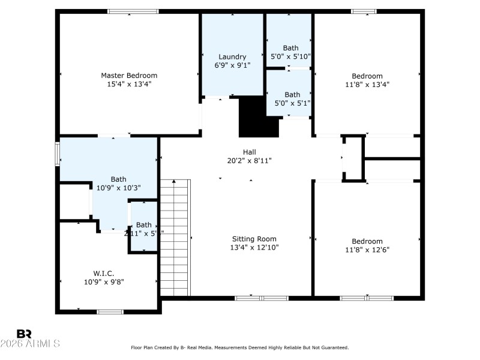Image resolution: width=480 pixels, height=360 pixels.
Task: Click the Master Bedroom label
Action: click(x=129, y=76)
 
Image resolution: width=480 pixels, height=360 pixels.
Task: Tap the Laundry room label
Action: click(x=232, y=57)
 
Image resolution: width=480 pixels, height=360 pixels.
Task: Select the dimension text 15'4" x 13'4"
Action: click(x=129, y=85)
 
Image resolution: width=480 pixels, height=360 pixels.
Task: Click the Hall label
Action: click(x=250, y=152)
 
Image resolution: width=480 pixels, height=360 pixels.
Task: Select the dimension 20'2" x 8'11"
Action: click(x=250, y=161)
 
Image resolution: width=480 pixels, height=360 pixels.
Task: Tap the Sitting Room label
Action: click(x=254, y=239)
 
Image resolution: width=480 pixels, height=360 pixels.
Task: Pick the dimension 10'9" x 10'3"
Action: click(x=118, y=188)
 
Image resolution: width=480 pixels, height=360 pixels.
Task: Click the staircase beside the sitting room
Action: click(x=175, y=237)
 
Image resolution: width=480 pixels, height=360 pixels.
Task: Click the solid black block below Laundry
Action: click(x=259, y=117)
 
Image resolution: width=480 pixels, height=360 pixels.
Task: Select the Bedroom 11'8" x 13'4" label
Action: click(x=367, y=76)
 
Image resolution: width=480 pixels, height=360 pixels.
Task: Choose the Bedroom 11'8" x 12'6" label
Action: click(x=367, y=241)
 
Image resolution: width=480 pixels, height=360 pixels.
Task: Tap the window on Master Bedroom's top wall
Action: click(x=133, y=11)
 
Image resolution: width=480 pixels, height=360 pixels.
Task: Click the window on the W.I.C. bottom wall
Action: click(x=110, y=311)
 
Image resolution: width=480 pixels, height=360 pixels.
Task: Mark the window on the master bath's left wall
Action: click(x=58, y=152)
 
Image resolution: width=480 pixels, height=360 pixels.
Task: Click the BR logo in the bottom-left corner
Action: click(x=24, y=334)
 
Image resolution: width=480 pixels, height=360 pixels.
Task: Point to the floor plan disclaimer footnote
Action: click(x=240, y=347)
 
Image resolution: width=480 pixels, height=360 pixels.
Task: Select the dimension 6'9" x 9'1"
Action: click(x=232, y=65)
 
